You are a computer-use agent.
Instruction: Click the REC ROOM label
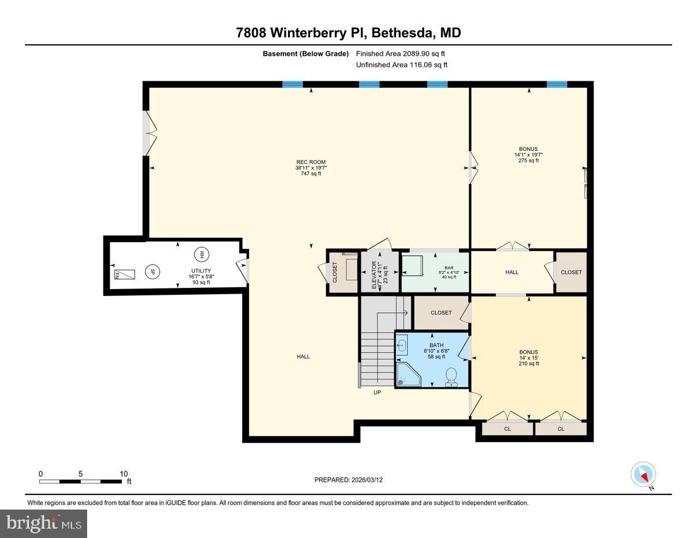pos(310,163)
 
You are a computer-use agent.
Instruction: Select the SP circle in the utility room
pos(153,271)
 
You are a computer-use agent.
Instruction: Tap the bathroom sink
pos(403,344)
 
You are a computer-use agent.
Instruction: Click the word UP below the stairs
pos(377,392)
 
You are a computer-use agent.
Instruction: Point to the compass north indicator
pos(643,475)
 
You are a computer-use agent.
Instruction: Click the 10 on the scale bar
pos(124,474)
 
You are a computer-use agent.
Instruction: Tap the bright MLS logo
pos(44,523)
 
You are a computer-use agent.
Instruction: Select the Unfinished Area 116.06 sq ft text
pos(401,65)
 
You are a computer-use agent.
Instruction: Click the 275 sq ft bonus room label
pos(529,161)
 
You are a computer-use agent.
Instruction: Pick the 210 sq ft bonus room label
pos(529,363)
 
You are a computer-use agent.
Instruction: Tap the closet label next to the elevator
pos(335,273)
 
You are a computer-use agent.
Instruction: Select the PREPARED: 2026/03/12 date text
pos(349,480)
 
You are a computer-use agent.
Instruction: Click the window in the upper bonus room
pos(556,85)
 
